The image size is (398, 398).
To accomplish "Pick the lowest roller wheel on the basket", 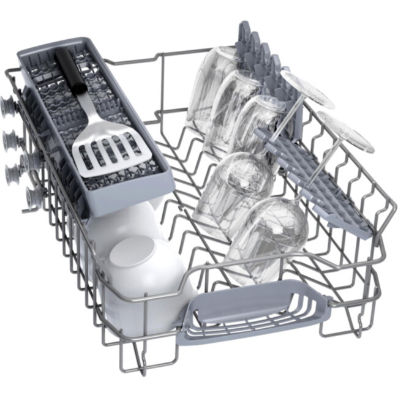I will (x=31, y=198).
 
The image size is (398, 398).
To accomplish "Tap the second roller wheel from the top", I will (x=13, y=139).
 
